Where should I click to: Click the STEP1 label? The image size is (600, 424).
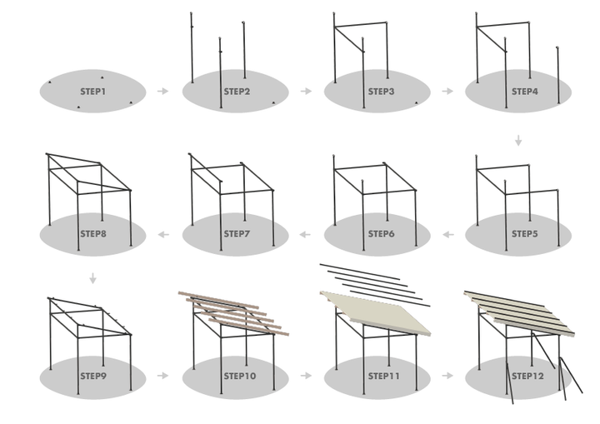click(x=92, y=91)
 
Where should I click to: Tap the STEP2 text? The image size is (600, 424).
click(x=237, y=91)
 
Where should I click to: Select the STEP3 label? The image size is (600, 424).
click(x=381, y=91)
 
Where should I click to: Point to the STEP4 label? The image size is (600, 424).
click(x=525, y=91)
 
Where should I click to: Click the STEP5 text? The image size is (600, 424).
click(x=525, y=234)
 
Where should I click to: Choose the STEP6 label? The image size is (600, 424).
click(x=381, y=234)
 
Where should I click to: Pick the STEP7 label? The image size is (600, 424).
click(x=237, y=234)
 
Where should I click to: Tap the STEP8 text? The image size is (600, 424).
click(x=92, y=234)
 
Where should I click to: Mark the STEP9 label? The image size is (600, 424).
click(x=92, y=377)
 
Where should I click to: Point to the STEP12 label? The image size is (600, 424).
click(x=525, y=377)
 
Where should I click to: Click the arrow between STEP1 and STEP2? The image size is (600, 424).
click(x=162, y=91)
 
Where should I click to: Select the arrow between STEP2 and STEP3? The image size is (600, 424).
click(x=306, y=91)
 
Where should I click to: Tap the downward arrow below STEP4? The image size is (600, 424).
click(x=518, y=141)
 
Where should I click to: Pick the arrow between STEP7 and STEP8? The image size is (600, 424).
click(x=162, y=234)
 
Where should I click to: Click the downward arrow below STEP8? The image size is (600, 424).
click(x=93, y=279)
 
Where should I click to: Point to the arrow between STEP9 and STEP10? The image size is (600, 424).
click(x=162, y=377)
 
